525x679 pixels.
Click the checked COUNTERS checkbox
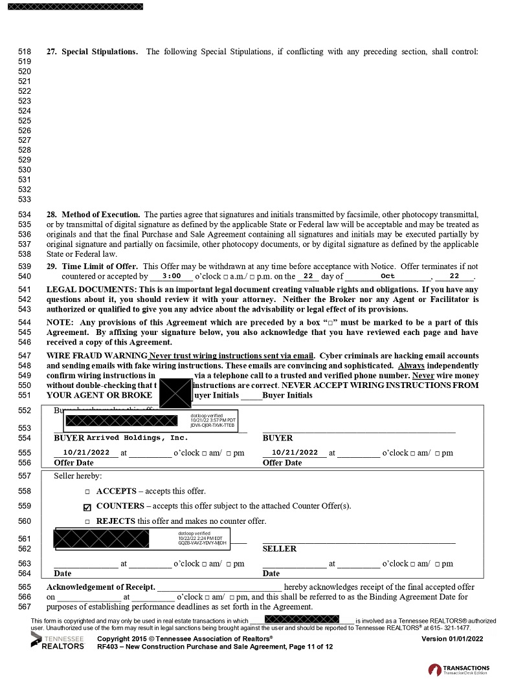pyautogui.click(x=87, y=506)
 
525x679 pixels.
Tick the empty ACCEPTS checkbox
pyautogui.click(x=87, y=491)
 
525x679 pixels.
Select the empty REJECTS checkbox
pyautogui.click(x=87, y=521)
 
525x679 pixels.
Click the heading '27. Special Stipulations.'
pyautogui.click(x=92, y=52)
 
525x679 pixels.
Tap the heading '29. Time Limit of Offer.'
pyautogui.click(x=92, y=266)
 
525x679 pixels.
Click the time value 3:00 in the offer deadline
pyautogui.click(x=171, y=275)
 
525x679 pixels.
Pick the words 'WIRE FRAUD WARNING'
pyautogui.click(x=97, y=356)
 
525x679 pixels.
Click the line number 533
pyautogui.click(x=25, y=199)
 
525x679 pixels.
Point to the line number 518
pyautogui.click(x=25, y=52)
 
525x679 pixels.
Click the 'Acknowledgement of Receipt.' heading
pyautogui.click(x=101, y=587)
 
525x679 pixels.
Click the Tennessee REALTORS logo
pyautogui.click(x=57, y=641)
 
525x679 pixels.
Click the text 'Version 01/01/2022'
pyautogui.click(x=452, y=638)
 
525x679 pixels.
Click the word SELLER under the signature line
pyautogui.click(x=279, y=548)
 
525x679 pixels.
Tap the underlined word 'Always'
pyautogui.click(x=411, y=366)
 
